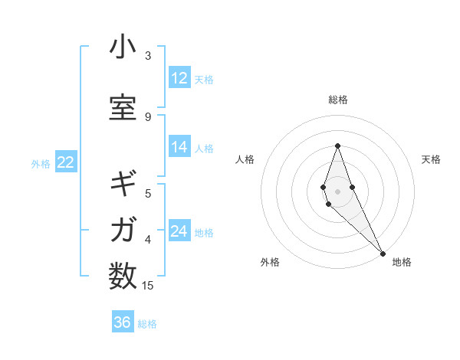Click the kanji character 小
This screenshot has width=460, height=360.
pyautogui.click(x=123, y=47)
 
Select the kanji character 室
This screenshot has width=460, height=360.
pyautogui.click(x=123, y=108)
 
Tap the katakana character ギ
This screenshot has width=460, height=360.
pyautogui.click(x=123, y=185)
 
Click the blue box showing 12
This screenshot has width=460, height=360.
pyautogui.click(x=179, y=78)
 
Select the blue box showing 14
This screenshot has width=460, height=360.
pyautogui.click(x=179, y=148)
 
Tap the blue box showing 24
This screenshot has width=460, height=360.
pyautogui.click(x=179, y=232)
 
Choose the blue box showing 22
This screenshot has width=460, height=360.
pyautogui.click(x=65, y=162)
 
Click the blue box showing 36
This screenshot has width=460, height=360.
pyautogui.click(x=123, y=322)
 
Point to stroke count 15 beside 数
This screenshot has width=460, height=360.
pyautogui.click(x=148, y=286)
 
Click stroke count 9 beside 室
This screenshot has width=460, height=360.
pyautogui.click(x=148, y=116)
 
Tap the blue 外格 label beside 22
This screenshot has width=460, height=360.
pyautogui.click(x=40, y=163)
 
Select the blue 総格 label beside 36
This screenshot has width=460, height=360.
pyautogui.click(x=147, y=324)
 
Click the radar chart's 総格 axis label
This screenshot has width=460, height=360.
pyautogui.click(x=337, y=100)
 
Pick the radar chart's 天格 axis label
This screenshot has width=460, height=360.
pyautogui.click(x=432, y=159)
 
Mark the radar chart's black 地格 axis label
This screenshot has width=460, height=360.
pyautogui.click(x=402, y=262)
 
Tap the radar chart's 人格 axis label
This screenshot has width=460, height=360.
pyautogui.click(x=245, y=159)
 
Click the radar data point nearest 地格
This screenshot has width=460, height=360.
pyautogui.click(x=383, y=253)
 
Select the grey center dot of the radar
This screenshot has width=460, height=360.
pyautogui.click(x=337, y=191)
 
